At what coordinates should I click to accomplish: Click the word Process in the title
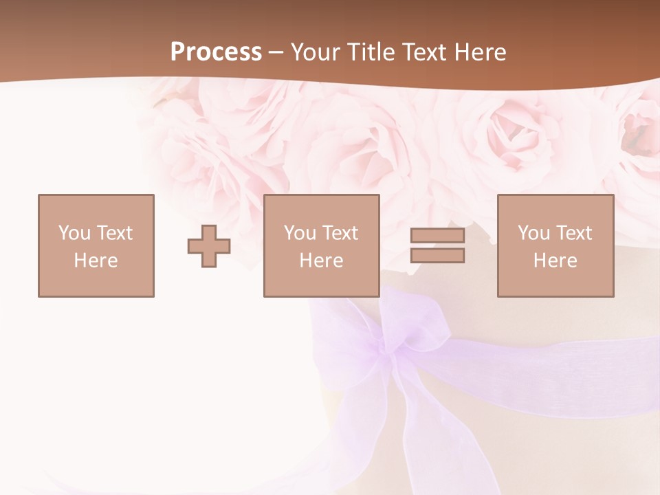pos(216,52)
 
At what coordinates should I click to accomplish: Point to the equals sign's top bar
pos(437,236)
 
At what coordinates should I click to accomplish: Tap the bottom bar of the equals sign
pos(437,255)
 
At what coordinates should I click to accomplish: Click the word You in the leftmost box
pos(74,233)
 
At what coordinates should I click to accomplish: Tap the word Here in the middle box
pos(322,261)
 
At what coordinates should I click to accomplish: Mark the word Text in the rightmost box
pos(573,233)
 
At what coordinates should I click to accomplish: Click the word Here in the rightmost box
pos(555,261)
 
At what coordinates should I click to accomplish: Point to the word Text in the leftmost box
pos(114,233)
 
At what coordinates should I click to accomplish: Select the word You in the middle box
pos(300,233)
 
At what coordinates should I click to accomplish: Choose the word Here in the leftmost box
pos(96,261)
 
